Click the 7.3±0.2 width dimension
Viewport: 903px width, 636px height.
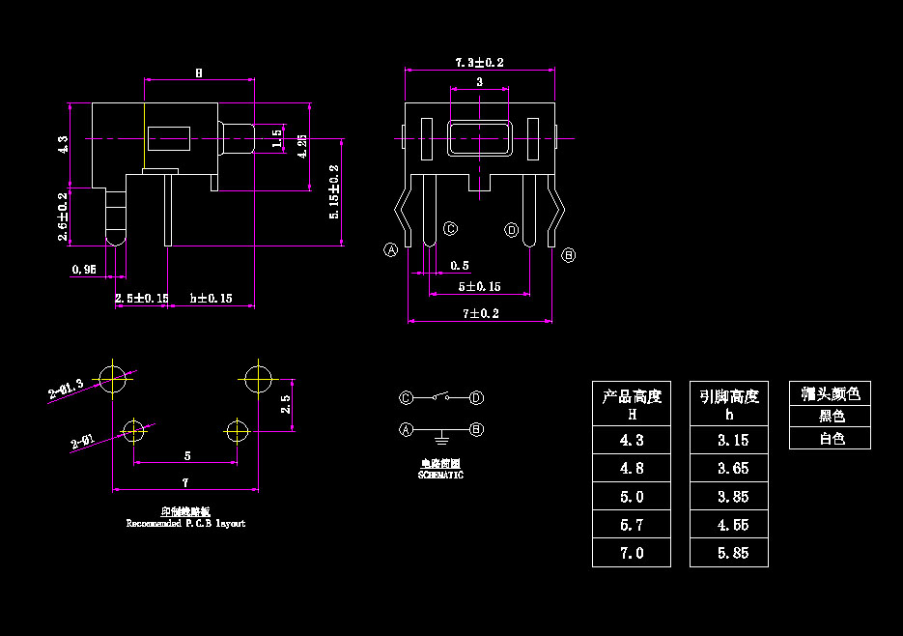tap(480, 62)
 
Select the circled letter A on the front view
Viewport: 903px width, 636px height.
tap(391, 249)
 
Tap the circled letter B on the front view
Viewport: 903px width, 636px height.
tap(569, 255)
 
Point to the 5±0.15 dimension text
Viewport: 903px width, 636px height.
tap(479, 286)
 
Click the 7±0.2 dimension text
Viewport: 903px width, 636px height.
tap(480, 313)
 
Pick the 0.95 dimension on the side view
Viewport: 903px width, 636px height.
tap(84, 270)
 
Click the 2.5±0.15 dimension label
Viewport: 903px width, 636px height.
tap(142, 298)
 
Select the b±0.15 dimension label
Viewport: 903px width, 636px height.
tap(212, 298)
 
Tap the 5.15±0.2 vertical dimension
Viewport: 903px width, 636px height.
tap(334, 190)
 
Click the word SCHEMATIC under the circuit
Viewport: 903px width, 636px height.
tap(440, 476)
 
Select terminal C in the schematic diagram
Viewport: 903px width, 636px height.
tap(407, 397)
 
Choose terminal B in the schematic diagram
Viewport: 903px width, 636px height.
tap(476, 428)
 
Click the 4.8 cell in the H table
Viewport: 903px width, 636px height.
tap(632, 468)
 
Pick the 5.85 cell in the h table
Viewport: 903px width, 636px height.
tap(729, 553)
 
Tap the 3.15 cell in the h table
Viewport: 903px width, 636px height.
tap(729, 440)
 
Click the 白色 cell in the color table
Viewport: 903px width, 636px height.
tap(831, 438)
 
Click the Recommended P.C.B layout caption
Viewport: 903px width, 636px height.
tap(185, 523)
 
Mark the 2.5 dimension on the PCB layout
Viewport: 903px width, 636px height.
tap(285, 404)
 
